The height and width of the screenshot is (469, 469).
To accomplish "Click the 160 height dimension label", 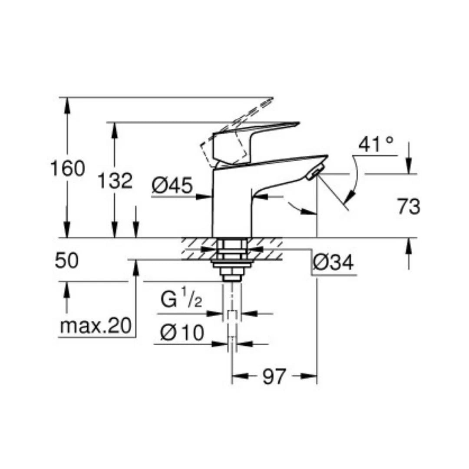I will pos(67,168).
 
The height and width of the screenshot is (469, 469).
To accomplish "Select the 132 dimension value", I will pos(114,180).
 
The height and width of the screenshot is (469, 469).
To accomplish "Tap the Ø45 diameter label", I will pos(172,187).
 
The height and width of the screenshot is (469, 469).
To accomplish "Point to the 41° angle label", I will pos(376,145).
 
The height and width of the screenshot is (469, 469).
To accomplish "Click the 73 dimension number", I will pos(408,207).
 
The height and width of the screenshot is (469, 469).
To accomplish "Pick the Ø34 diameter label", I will pos(333,263).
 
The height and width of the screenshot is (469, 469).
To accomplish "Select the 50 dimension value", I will pos(67,261).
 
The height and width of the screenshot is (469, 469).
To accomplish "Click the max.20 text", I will pos(96,326).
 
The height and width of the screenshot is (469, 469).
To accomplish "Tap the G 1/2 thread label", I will pos(182,301).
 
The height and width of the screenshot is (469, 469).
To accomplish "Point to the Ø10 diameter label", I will pos(182,334).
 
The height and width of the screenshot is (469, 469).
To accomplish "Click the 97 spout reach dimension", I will pos(274,376).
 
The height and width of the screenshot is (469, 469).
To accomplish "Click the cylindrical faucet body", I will pos(231,204).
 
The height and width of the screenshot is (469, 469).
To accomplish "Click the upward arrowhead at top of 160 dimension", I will pos(67,103).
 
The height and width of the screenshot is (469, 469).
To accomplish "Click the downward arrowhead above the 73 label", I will pos(408,168).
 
